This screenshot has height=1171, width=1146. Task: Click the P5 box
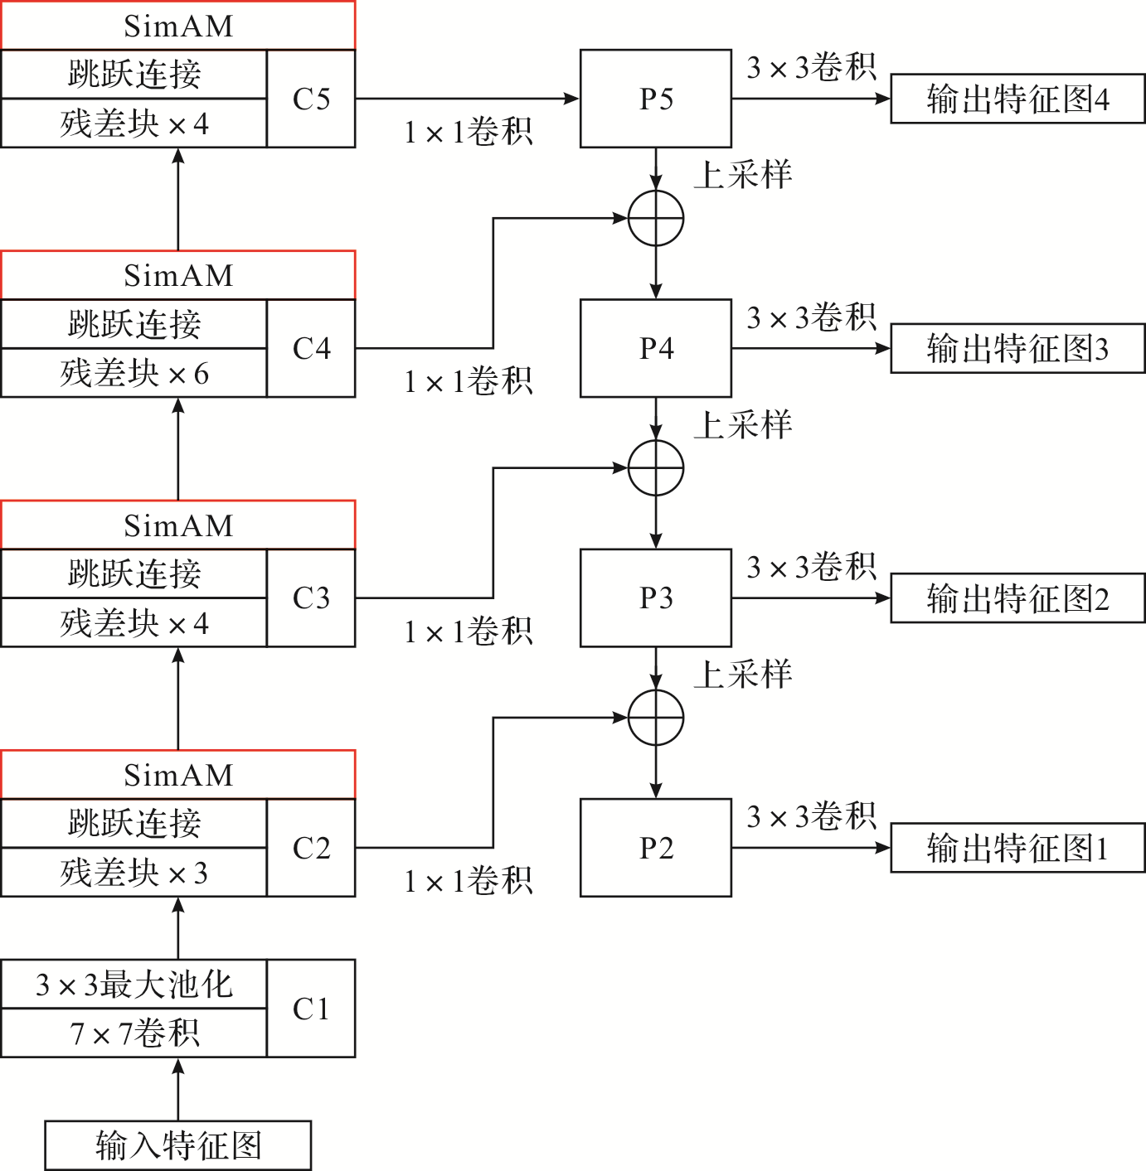click(655, 99)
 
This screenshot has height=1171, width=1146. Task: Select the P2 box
click(655, 847)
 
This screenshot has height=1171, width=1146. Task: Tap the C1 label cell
click(311, 1008)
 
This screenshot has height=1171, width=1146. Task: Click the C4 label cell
click(311, 348)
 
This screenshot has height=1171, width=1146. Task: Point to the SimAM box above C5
click(178, 26)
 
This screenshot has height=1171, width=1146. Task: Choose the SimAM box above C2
click(178, 775)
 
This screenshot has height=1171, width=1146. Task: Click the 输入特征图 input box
click(178, 1145)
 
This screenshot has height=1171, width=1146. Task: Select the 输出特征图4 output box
click(1017, 99)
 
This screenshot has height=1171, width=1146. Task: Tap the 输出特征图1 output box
click(1017, 848)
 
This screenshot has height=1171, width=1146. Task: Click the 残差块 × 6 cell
click(134, 373)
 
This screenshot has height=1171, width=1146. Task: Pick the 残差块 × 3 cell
click(134, 872)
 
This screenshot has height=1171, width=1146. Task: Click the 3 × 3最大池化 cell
click(134, 984)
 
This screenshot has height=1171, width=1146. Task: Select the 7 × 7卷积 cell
click(134, 1033)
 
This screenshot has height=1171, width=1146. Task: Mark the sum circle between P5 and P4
click(656, 219)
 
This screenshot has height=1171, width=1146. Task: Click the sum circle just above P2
click(656, 718)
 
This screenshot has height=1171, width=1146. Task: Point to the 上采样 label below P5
click(743, 175)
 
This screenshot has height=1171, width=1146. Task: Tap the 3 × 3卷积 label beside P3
click(811, 568)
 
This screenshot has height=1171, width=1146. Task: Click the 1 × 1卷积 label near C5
click(469, 132)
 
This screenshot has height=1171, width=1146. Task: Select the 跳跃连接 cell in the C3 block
click(134, 573)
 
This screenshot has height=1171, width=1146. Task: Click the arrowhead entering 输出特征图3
click(884, 348)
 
